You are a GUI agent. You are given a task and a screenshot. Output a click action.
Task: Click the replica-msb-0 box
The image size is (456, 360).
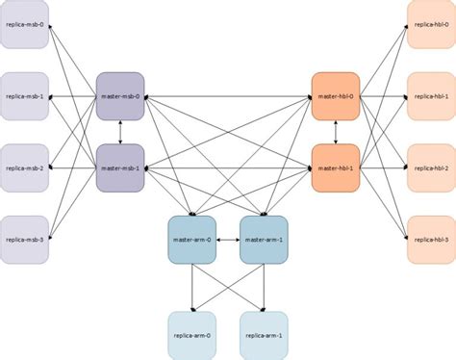(24, 23)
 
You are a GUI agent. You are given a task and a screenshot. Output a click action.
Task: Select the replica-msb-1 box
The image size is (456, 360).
(24, 95)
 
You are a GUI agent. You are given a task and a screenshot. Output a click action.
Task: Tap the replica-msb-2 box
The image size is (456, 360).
(24, 167)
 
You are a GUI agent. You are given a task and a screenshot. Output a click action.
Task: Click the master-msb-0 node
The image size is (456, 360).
(120, 96)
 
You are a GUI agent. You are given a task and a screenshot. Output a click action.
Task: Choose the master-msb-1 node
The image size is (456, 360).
(120, 167)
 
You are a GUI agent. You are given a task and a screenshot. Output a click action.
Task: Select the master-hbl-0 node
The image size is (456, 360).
(336, 96)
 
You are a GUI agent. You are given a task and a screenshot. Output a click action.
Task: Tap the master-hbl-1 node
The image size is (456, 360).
(336, 167)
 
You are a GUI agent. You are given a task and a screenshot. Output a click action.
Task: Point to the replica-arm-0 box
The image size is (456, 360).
(191, 334)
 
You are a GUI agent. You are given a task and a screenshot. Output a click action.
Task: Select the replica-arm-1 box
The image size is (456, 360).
(264, 334)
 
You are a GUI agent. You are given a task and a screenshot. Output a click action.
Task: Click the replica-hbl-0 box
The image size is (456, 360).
(431, 23)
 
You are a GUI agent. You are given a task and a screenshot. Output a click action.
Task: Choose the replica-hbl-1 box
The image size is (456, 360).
(431, 95)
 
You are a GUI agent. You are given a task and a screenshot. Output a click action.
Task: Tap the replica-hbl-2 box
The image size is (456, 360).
(431, 167)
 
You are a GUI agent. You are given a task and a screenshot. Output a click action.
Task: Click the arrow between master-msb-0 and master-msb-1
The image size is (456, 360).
(120, 132)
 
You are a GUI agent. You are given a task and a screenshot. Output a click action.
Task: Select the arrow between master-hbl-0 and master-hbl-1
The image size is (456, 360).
(336, 132)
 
